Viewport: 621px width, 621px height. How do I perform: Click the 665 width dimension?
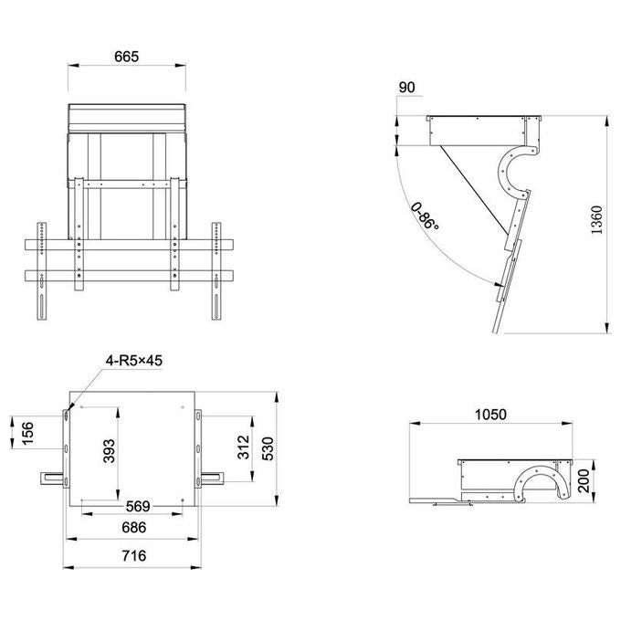click(126, 57)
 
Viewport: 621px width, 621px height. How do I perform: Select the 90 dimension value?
click(406, 88)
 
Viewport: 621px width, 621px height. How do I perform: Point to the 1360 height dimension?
click(596, 220)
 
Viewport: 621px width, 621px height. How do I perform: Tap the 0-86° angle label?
click(425, 216)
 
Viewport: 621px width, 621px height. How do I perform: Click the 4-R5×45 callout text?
click(134, 361)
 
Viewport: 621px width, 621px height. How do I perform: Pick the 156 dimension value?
click(27, 433)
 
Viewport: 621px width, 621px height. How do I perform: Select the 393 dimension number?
click(109, 451)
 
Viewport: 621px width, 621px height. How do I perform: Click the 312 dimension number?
click(244, 447)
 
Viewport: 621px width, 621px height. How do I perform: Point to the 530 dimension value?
click(268, 448)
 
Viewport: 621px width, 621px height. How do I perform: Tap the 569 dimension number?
click(138, 507)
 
